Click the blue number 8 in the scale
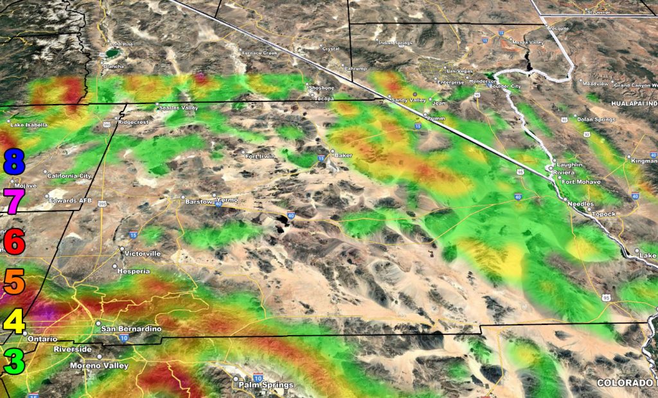coord(13,161)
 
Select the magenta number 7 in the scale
coord(13,201)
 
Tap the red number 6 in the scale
coord(13,241)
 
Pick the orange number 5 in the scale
coord(13,281)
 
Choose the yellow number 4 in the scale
coord(13,320)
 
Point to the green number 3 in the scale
coord(13,360)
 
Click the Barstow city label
coord(199,202)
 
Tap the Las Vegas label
coord(459,71)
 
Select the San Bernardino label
coord(131,329)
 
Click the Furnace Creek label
coord(260,53)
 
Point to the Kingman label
coord(644,160)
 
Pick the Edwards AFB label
coord(71,201)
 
